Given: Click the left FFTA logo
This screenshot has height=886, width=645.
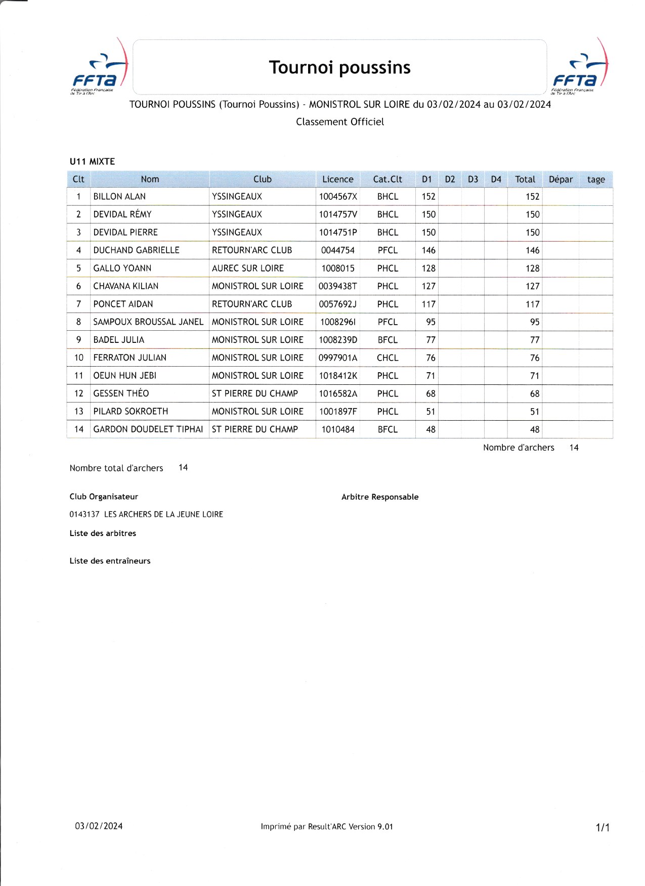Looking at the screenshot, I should pos(99,68).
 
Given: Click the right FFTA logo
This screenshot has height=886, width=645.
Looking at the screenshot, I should pos(580,68).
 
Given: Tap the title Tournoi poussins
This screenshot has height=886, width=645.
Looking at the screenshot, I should pos(339,67).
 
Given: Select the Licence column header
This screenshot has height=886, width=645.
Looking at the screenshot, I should pos(337,180).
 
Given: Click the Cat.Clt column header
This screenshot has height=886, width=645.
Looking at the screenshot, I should pos(388,180).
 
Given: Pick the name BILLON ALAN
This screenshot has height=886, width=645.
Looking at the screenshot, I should pos(119,197).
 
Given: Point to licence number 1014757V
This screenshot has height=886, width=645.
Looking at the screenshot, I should pos(337,214).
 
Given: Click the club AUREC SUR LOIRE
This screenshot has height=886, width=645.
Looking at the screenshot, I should pos(248,269).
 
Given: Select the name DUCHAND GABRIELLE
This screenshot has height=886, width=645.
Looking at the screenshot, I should pos(136,250).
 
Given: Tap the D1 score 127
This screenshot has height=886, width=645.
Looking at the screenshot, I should pos(428,286).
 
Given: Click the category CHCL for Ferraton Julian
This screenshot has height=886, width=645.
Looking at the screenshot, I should pos(388,358).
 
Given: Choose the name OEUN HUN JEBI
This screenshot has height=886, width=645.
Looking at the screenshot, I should pos(125,376).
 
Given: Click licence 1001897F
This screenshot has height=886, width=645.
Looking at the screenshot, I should pos(337,412).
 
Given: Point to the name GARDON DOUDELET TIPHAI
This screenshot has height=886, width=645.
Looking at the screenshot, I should pos(148,429).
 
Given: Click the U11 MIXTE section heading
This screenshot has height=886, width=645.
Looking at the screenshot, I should pos(92,162).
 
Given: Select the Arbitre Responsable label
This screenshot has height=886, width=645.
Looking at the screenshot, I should pos(380,497).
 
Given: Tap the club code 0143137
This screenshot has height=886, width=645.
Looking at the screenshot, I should pos(84,514).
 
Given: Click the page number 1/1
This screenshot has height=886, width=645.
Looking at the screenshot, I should pos(603,828).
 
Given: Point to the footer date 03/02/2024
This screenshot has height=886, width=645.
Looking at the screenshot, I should pos(99,826).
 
